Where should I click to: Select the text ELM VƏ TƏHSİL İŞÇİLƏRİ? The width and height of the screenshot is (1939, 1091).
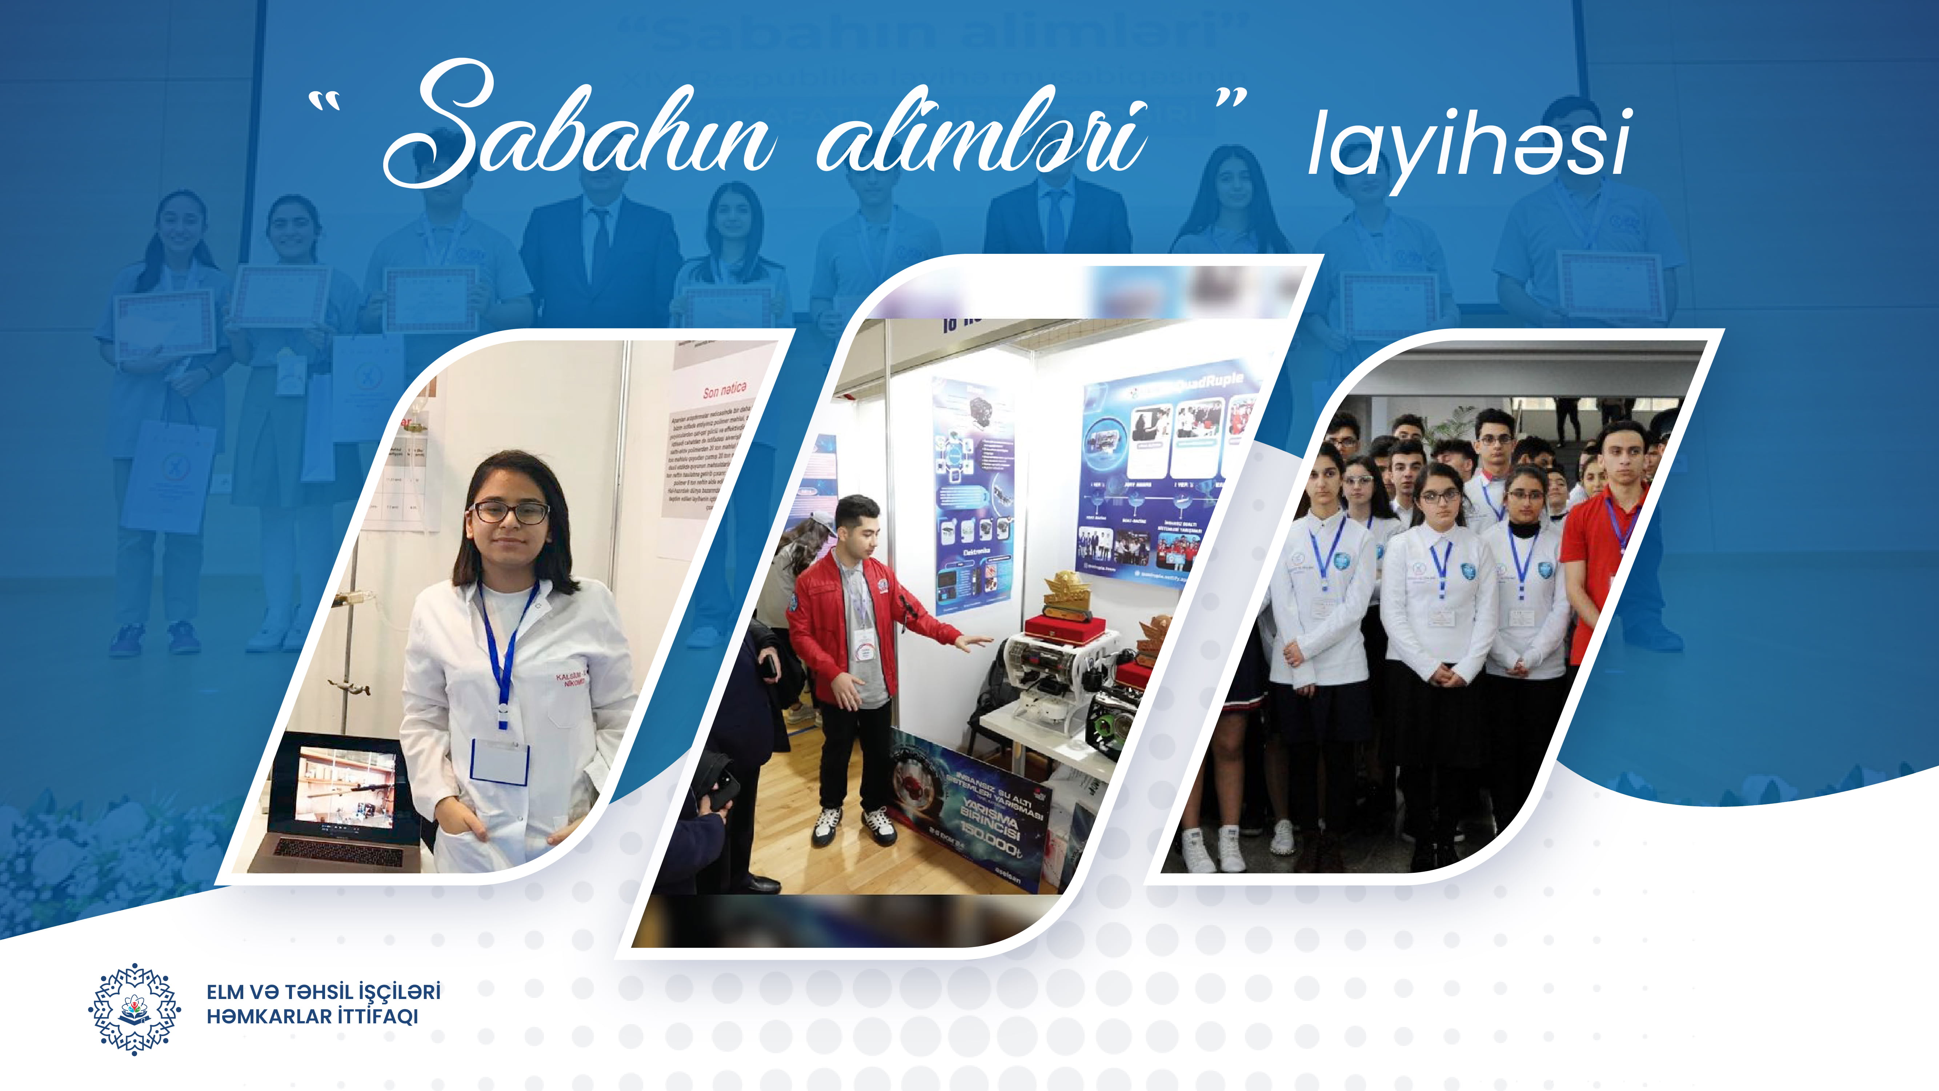click(x=324, y=992)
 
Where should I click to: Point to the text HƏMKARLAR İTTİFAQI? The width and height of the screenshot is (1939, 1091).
click(x=312, y=1016)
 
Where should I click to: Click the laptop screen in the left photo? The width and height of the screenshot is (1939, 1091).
click(x=346, y=787)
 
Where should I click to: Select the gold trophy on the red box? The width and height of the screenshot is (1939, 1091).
click(x=1065, y=591)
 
